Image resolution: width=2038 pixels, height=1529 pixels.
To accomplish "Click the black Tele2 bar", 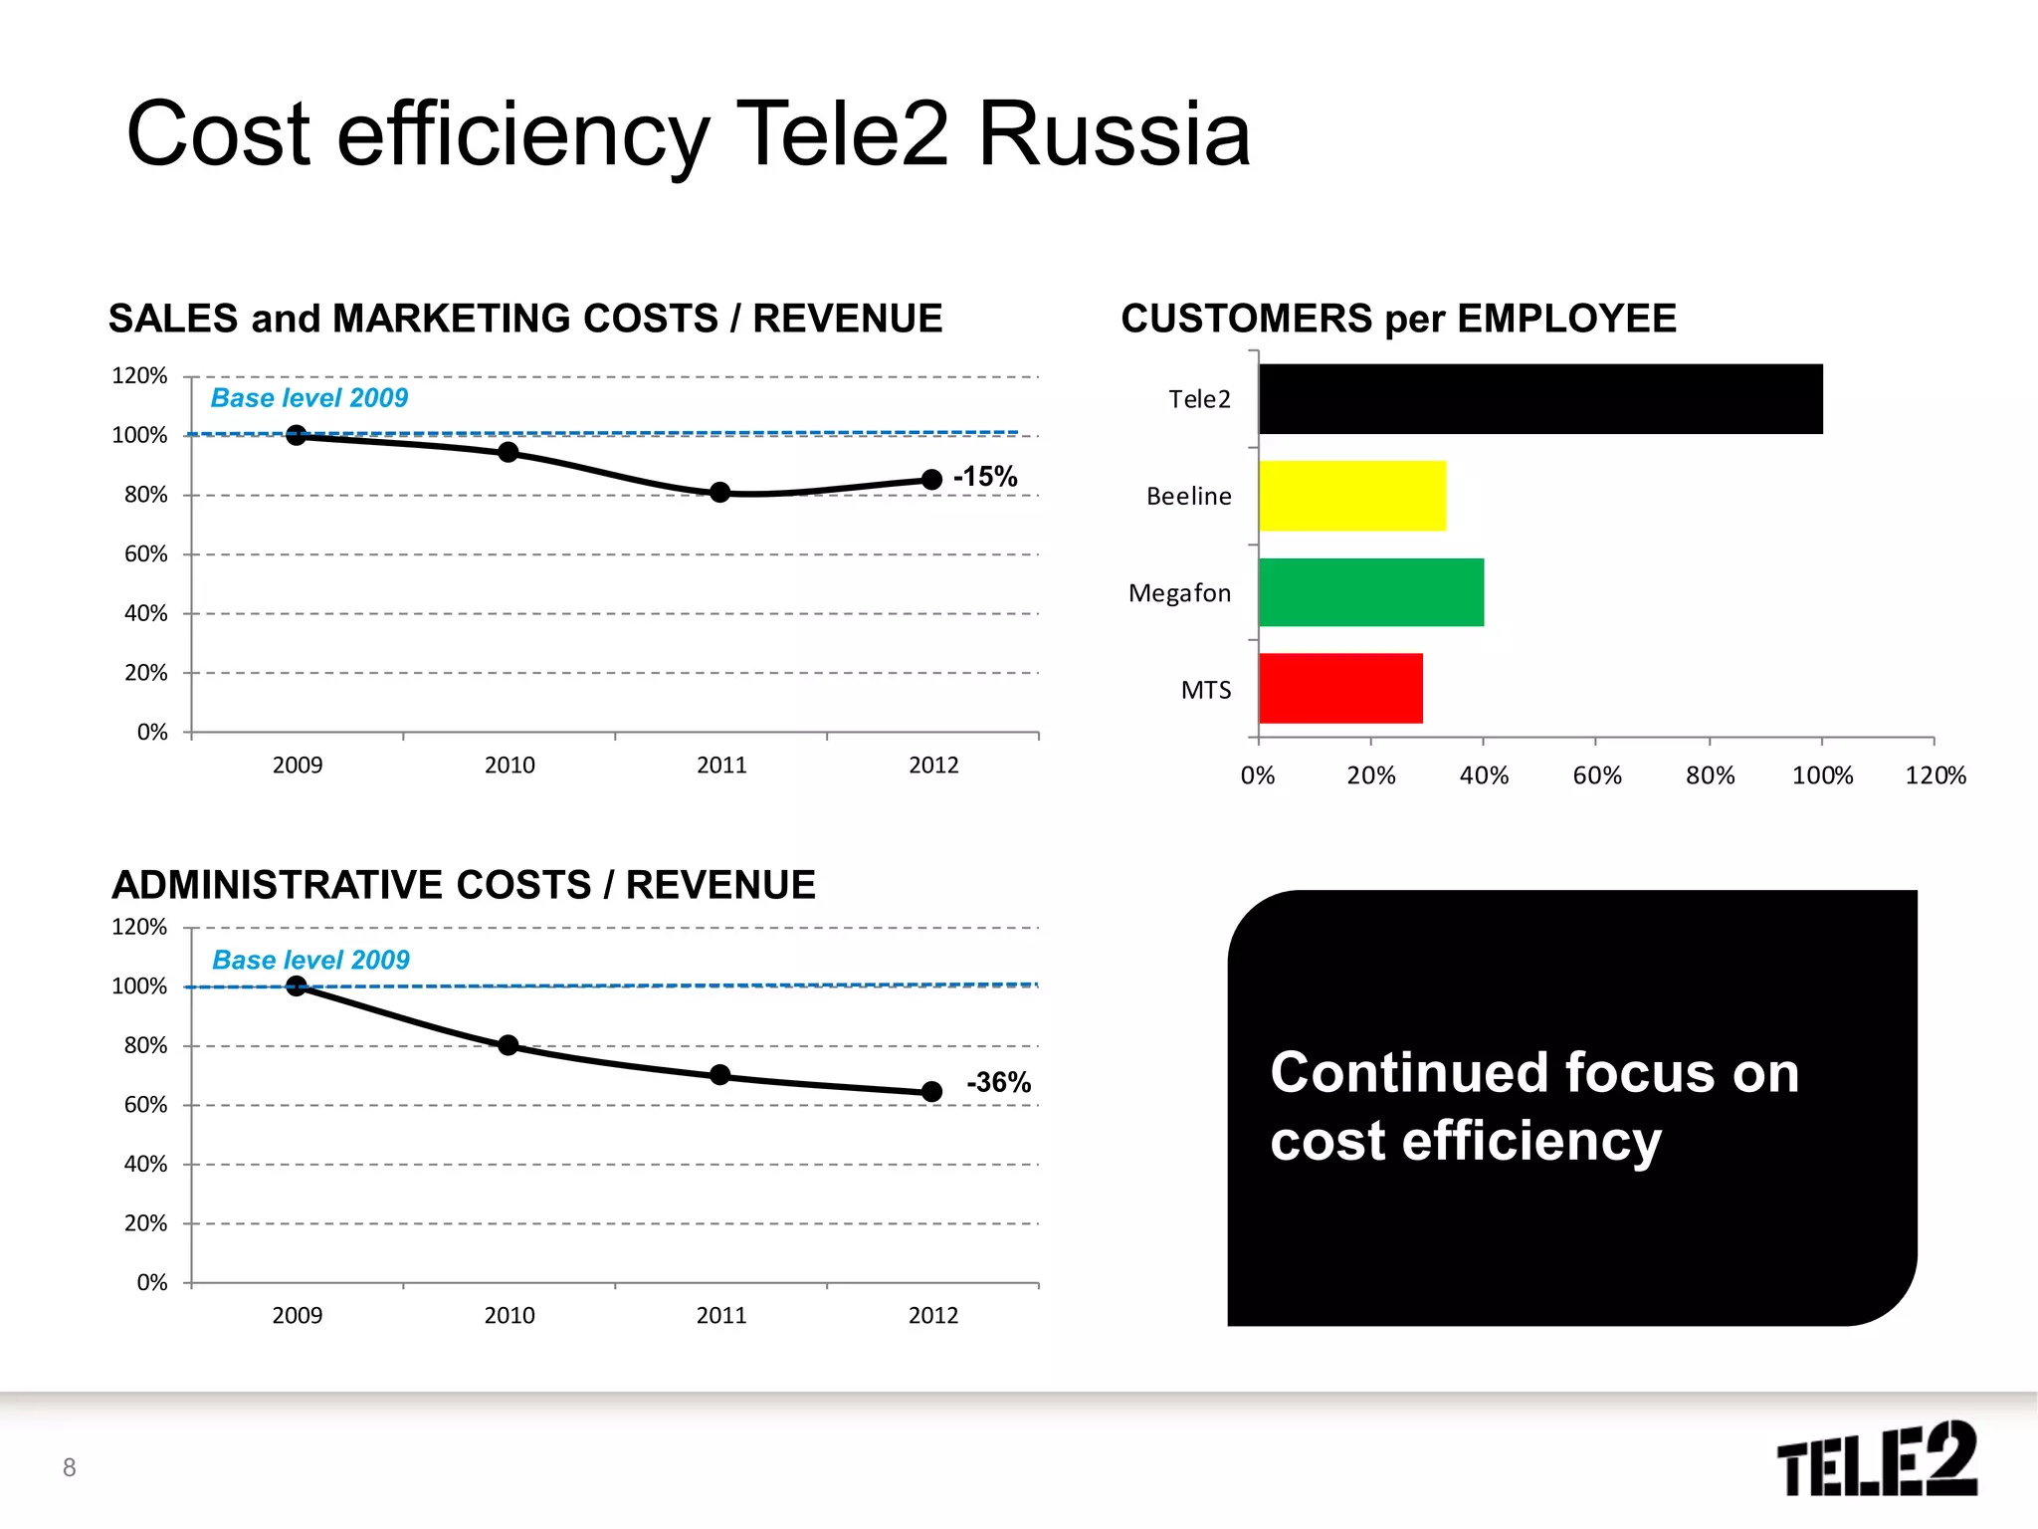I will pos(1539,398).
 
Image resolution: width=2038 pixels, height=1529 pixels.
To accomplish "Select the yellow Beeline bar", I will pos(1351,496).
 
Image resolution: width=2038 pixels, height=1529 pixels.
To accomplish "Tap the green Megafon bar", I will pos(1370,592).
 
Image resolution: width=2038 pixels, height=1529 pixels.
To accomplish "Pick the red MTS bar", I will pos(1339,688).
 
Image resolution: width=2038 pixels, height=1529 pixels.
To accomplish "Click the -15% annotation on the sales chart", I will pos(985,477).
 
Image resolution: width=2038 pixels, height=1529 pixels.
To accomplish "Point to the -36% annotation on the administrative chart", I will pos(998,1082).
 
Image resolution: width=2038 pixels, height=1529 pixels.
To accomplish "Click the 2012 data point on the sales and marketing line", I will pos(931,480).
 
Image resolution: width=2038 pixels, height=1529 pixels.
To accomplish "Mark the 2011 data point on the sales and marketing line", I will pos(720,492).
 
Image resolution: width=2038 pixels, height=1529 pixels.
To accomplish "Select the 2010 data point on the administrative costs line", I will pos(509,1045).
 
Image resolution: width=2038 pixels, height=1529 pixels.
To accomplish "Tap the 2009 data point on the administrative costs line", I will pos(297,985).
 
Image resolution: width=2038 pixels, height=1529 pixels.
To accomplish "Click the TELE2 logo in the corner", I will pos(1876,1458).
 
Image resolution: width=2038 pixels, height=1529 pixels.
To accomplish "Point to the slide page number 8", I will pos(69,1467).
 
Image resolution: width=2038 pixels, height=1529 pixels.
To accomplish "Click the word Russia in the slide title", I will pos(1114,134).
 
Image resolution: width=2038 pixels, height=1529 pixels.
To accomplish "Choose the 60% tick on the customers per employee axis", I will pos(1596,775).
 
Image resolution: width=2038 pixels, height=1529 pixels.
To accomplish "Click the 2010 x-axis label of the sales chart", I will pos(509,765).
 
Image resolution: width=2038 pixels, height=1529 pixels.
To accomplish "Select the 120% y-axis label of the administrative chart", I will pos(139,927).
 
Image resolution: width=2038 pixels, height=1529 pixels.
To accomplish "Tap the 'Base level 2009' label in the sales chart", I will pos(309,398).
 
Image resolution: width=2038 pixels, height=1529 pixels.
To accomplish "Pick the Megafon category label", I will pos(1179,593).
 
